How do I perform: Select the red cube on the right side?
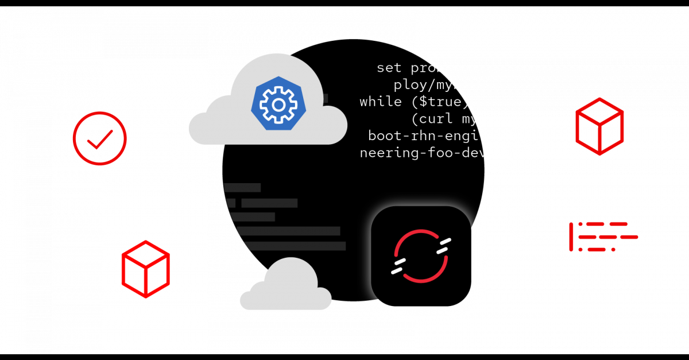click(599, 126)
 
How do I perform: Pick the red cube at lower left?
click(146, 269)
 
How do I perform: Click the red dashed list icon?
click(603, 237)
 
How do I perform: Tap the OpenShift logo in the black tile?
click(421, 256)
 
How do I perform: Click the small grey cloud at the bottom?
click(286, 287)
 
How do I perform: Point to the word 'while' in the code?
click(380, 102)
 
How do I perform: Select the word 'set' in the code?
click(389, 68)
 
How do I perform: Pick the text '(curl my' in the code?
click(444, 119)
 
